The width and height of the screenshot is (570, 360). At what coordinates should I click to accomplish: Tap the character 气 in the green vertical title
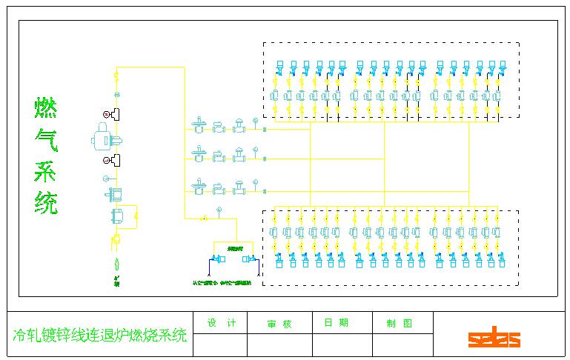pyautogui.click(x=46, y=139)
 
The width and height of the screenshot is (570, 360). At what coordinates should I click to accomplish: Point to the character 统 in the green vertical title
pyautogui.click(x=46, y=201)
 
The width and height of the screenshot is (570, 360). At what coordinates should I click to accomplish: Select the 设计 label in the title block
pyautogui.click(x=222, y=323)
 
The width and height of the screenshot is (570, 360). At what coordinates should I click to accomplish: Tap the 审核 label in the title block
pyautogui.click(x=279, y=324)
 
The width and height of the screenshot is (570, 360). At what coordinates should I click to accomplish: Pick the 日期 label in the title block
pyautogui.click(x=336, y=323)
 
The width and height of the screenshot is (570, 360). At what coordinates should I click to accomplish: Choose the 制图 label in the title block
pyautogui.click(x=399, y=323)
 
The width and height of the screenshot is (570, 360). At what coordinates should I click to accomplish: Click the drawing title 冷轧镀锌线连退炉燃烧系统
pyautogui.click(x=100, y=336)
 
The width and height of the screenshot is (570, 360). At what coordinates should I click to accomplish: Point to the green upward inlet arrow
pyautogui.click(x=116, y=262)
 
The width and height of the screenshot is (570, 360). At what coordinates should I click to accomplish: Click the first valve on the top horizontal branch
pyautogui.click(x=198, y=125)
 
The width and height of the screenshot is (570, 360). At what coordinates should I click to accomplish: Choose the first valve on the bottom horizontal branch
pyautogui.click(x=198, y=185)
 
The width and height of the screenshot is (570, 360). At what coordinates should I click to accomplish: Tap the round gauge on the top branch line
pyautogui.click(x=254, y=120)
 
